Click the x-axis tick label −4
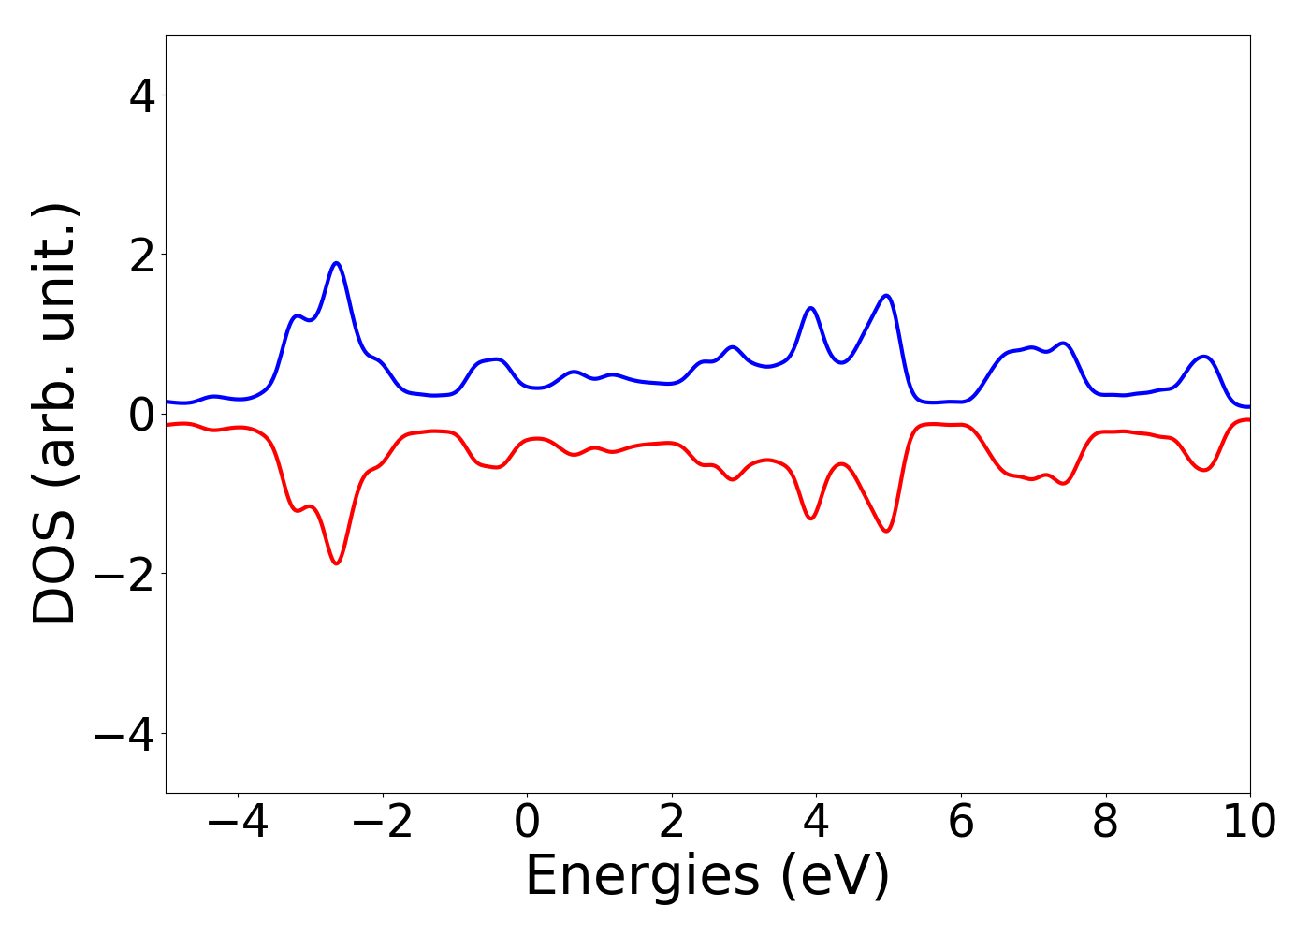[238, 823]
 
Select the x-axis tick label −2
[383, 823]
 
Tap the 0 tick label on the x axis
[527, 823]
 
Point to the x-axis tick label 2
[672, 823]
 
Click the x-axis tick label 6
[961, 823]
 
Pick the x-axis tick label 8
[1105, 823]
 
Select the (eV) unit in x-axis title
[835, 876]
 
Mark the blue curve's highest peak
[336, 263]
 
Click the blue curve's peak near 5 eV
[886, 296]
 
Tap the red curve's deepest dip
[336, 563]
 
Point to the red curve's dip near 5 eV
[886, 531]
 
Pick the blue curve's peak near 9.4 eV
[1205, 357]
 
